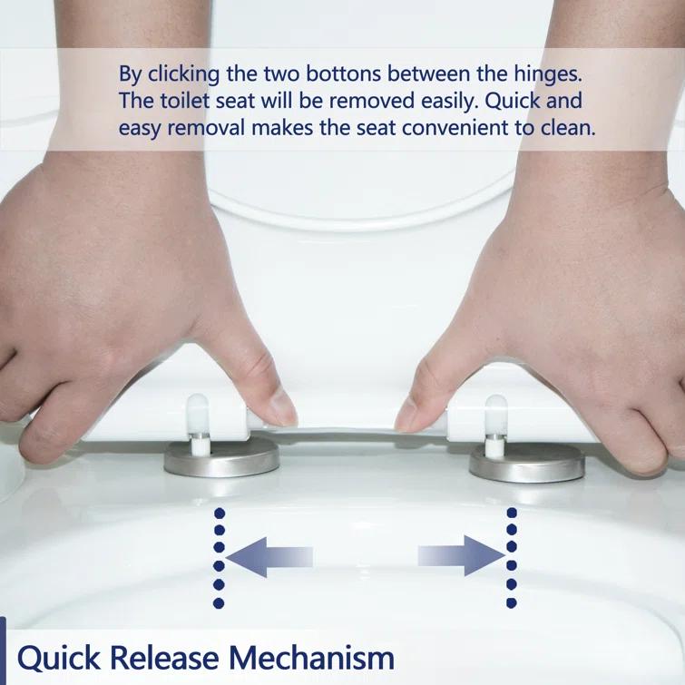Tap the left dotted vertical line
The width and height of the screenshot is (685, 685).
[219, 557]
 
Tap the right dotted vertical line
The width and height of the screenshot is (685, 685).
[512, 557]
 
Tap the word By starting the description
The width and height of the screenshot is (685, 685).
[131, 73]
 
